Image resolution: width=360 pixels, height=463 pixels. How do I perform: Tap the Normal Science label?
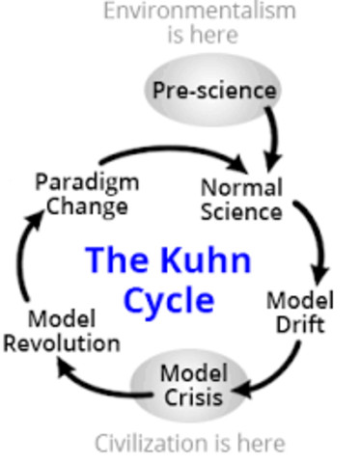[241, 198]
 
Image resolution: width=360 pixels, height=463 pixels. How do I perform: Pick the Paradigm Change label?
[86, 194]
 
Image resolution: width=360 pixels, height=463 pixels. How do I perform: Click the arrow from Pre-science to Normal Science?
[273, 140]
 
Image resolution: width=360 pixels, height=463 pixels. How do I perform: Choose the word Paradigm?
[86, 182]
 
